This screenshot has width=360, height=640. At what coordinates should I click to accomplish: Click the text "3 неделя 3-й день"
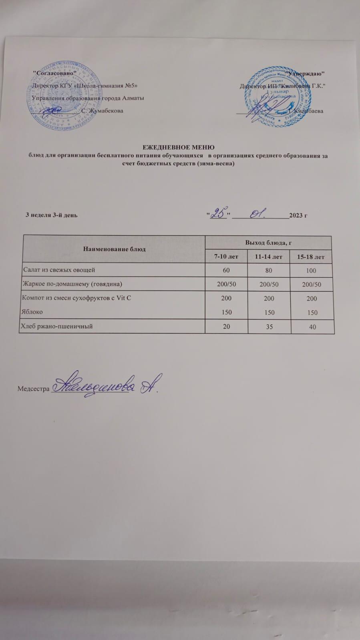point(52,215)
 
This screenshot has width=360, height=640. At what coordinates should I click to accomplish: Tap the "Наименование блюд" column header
point(114,249)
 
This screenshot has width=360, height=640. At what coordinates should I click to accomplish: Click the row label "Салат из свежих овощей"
point(59,270)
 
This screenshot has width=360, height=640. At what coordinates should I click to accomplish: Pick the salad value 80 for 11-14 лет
point(268,271)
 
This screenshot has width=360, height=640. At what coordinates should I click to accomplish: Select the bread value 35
point(269,327)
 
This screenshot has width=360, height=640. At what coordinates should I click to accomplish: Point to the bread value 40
point(312,327)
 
